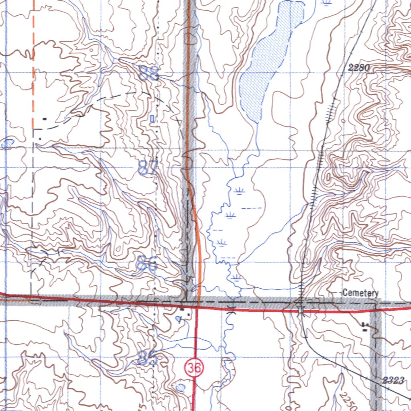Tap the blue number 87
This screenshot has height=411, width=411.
click(x=149, y=167)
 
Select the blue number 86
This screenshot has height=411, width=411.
click(x=147, y=264)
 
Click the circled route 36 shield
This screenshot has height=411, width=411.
click(x=194, y=368)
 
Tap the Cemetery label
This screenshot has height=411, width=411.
click(x=360, y=293)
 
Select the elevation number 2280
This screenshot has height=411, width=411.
click(x=358, y=68)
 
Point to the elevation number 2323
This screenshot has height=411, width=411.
click(x=393, y=380)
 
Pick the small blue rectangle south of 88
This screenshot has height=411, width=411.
click(x=152, y=118)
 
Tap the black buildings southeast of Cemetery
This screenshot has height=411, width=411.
click(x=365, y=327)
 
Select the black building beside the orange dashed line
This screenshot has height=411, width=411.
click(x=44, y=119)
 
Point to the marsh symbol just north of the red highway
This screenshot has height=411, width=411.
click(x=237, y=278)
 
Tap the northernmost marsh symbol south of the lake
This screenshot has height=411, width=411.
click(x=240, y=190)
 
